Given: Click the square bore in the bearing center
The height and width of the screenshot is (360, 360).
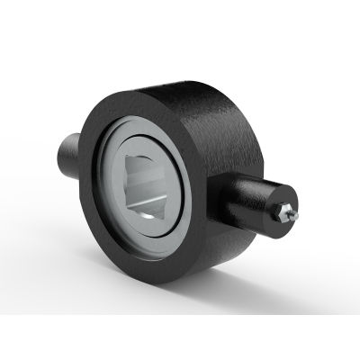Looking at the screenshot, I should pos(148,184).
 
